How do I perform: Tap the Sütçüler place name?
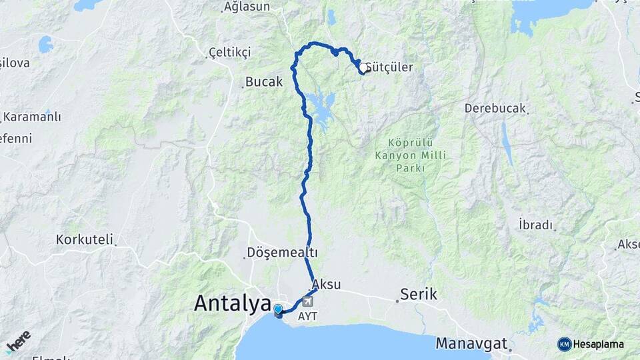point(390,67)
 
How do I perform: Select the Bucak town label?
point(264,82)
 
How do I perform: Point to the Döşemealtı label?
point(282,253)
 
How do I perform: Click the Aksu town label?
point(326,284)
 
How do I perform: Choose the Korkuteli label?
point(85,239)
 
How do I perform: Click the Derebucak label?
point(495,108)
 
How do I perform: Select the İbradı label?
point(536,225)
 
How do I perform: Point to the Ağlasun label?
point(247,7)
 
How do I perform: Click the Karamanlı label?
point(31,117)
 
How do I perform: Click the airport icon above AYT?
point(307,302)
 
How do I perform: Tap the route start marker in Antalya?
point(279,309)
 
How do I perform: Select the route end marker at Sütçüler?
point(363,68)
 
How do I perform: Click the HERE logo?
point(18,341)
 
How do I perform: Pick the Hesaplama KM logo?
point(591,344)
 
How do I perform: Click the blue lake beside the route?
point(321,109)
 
